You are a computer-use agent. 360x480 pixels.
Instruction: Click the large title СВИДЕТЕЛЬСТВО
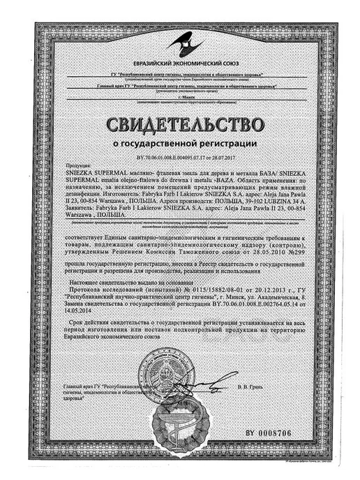click(x=179, y=126)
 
